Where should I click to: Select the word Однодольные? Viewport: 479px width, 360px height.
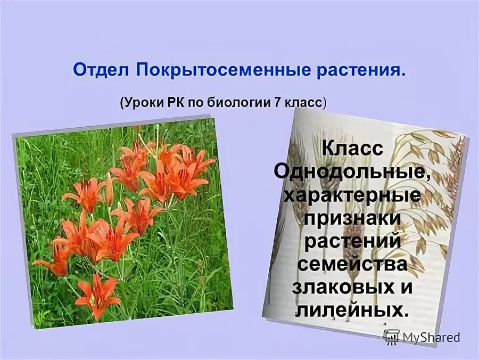click(x=352, y=171)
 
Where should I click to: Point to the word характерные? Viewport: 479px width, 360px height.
click(x=352, y=195)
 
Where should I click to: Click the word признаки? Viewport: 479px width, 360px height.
click(x=352, y=218)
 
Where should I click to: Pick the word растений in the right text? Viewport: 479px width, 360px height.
click(x=352, y=241)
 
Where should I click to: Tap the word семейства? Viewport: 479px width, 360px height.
click(x=352, y=264)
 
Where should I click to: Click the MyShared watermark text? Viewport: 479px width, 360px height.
click(x=431, y=337)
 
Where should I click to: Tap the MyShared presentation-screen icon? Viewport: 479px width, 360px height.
click(x=392, y=337)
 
